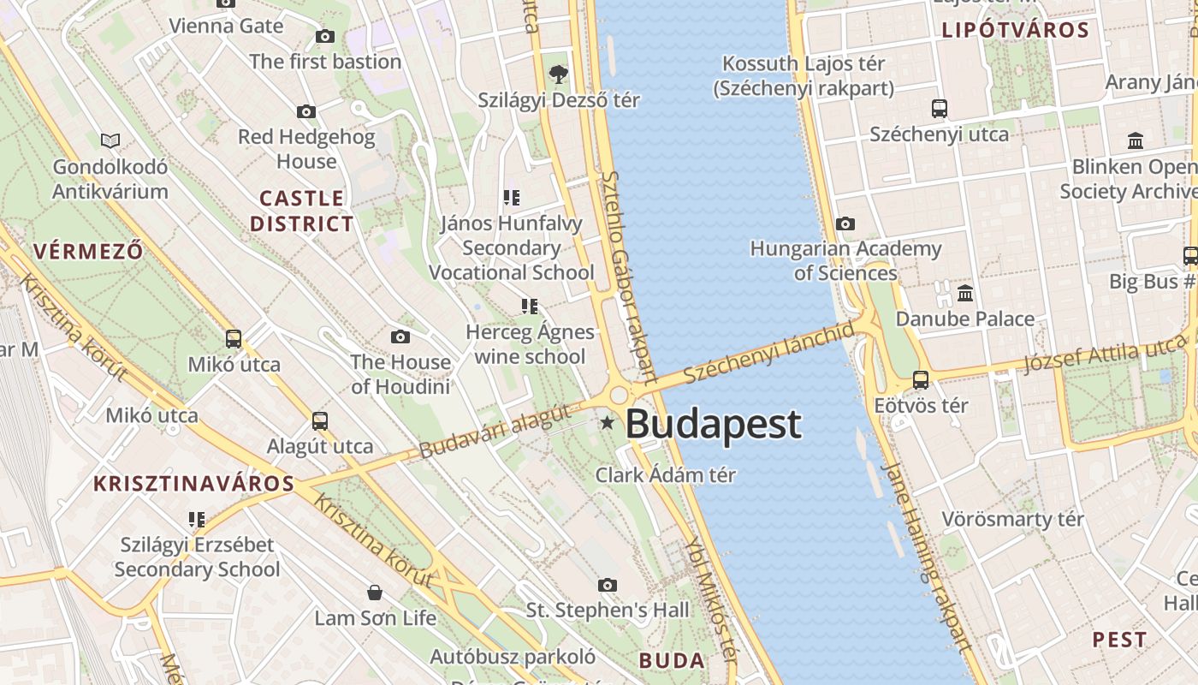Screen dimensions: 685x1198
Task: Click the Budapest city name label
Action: click(x=714, y=424)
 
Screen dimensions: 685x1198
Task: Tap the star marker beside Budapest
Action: click(x=608, y=422)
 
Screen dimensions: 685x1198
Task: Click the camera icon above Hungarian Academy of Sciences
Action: click(x=845, y=224)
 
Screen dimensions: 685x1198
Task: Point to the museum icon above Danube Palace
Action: click(x=966, y=294)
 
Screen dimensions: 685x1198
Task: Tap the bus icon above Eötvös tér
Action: click(x=921, y=379)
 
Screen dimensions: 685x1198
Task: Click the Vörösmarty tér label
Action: click(x=1012, y=519)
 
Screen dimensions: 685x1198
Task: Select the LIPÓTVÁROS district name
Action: click(x=1015, y=31)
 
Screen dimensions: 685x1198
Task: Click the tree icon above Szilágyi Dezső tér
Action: click(x=559, y=74)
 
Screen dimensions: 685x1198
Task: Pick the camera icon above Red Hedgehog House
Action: click(x=305, y=111)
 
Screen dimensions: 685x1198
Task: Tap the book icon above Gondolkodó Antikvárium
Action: click(x=110, y=140)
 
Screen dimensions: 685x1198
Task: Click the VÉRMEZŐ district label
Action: click(x=88, y=251)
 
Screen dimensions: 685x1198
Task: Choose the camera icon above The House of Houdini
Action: click(x=400, y=337)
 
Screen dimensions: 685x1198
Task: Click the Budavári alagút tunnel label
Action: click(x=495, y=431)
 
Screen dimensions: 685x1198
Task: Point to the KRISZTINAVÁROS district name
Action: click(x=194, y=483)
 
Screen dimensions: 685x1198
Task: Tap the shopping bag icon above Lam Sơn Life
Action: click(x=374, y=592)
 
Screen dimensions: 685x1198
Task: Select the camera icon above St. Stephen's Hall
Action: click(x=608, y=585)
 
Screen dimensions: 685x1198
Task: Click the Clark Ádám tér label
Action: click(x=665, y=474)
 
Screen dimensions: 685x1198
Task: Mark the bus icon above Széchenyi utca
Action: click(x=940, y=109)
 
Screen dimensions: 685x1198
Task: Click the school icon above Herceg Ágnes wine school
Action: click(x=530, y=306)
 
